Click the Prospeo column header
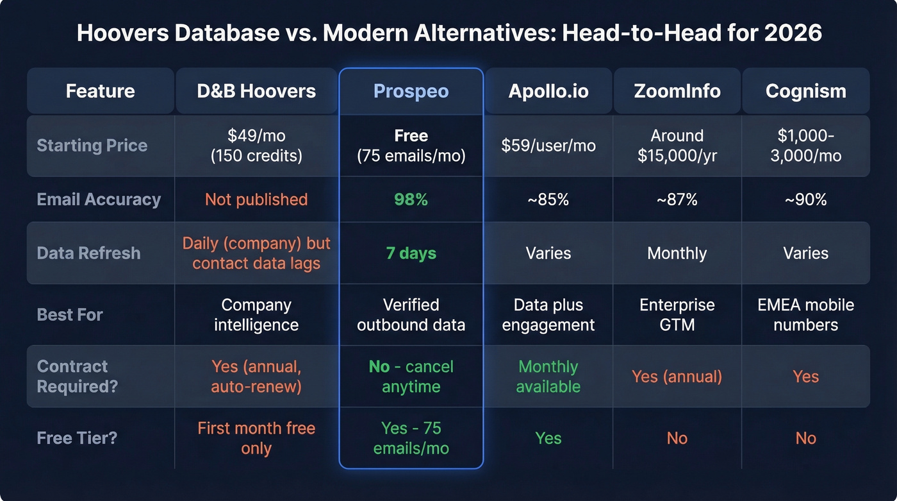click(411, 91)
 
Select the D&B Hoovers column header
click(256, 91)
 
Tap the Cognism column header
click(805, 91)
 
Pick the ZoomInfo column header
click(677, 91)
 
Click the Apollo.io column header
click(548, 91)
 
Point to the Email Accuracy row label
click(99, 200)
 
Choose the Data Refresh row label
click(88, 253)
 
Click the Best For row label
click(70, 314)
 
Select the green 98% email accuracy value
click(411, 200)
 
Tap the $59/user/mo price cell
click(548, 146)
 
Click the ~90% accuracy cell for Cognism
click(805, 200)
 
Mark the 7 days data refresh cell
click(411, 253)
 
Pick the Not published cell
click(256, 200)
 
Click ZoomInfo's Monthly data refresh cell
click(677, 253)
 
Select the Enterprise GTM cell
click(677, 314)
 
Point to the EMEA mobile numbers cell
click(805, 314)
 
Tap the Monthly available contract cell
click(548, 377)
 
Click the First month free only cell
click(256, 438)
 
